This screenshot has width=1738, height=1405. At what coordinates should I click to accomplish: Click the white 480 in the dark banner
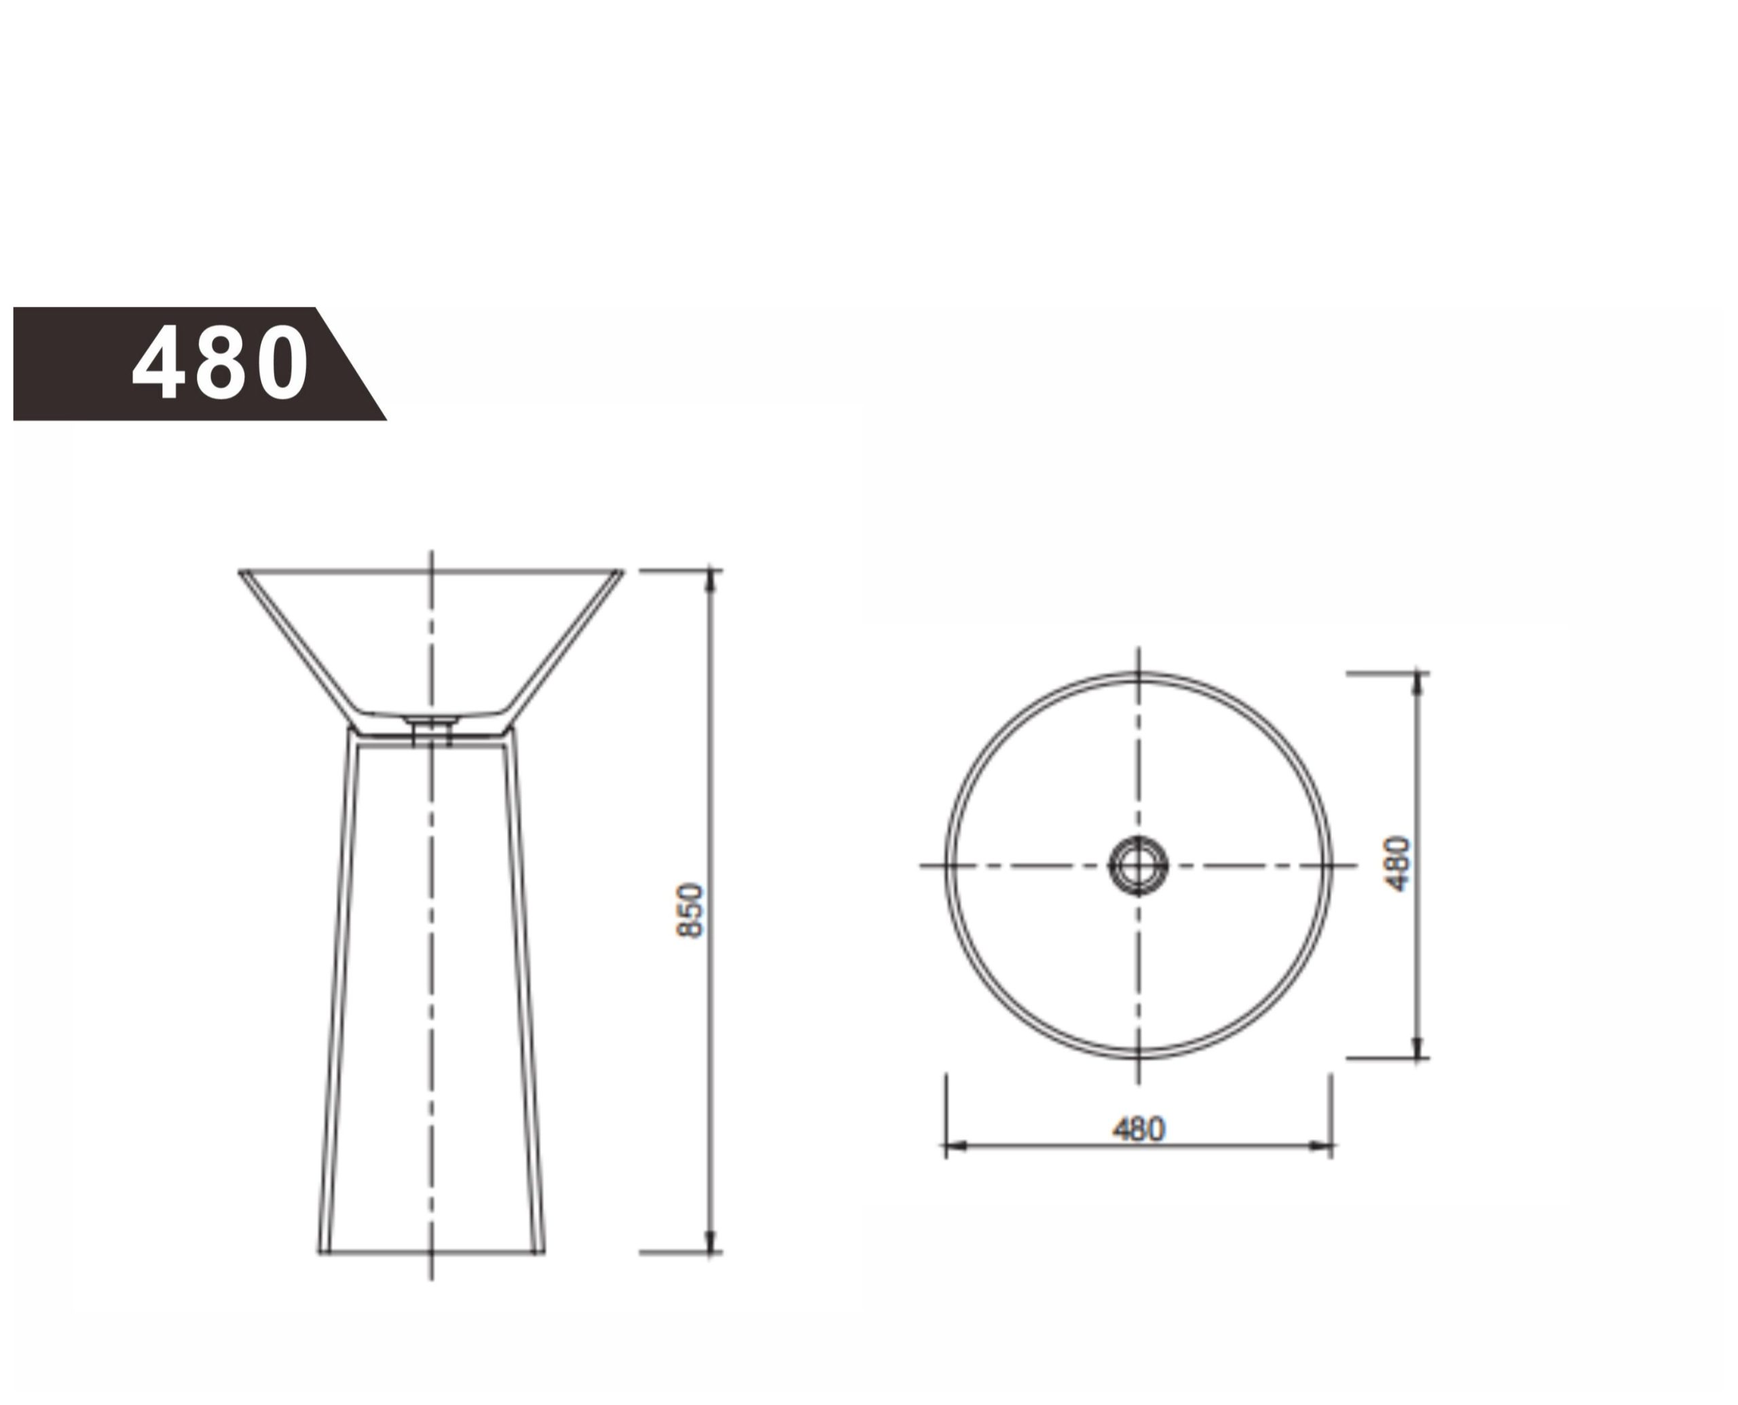click(x=219, y=362)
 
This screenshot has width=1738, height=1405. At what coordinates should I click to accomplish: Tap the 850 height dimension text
click(x=690, y=910)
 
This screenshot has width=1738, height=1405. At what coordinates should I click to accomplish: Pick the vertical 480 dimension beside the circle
click(x=1398, y=864)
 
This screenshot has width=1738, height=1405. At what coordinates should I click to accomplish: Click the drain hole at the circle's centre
click(x=1138, y=865)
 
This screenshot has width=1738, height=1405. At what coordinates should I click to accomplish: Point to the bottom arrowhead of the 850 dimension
click(x=711, y=1240)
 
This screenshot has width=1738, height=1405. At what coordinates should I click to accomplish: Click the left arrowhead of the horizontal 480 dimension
click(x=959, y=1145)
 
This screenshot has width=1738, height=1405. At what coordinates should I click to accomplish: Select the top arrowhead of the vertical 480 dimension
click(x=1418, y=685)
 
